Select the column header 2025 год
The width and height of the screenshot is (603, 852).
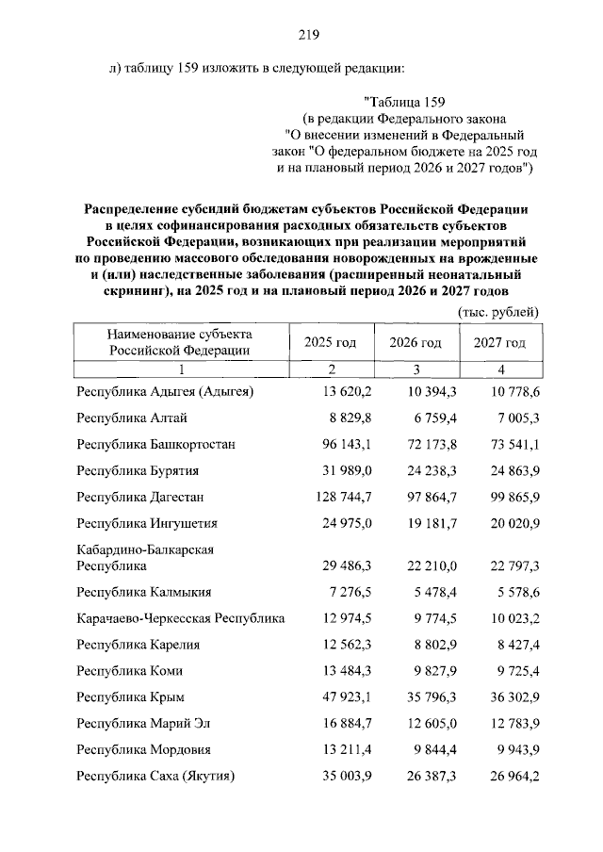tap(330, 341)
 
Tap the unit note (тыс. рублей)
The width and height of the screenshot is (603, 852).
tap(497, 311)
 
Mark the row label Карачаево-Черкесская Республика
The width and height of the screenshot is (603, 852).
tap(181, 618)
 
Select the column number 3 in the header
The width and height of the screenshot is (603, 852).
tap(416, 369)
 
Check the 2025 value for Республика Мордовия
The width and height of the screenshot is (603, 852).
tap(347, 750)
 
